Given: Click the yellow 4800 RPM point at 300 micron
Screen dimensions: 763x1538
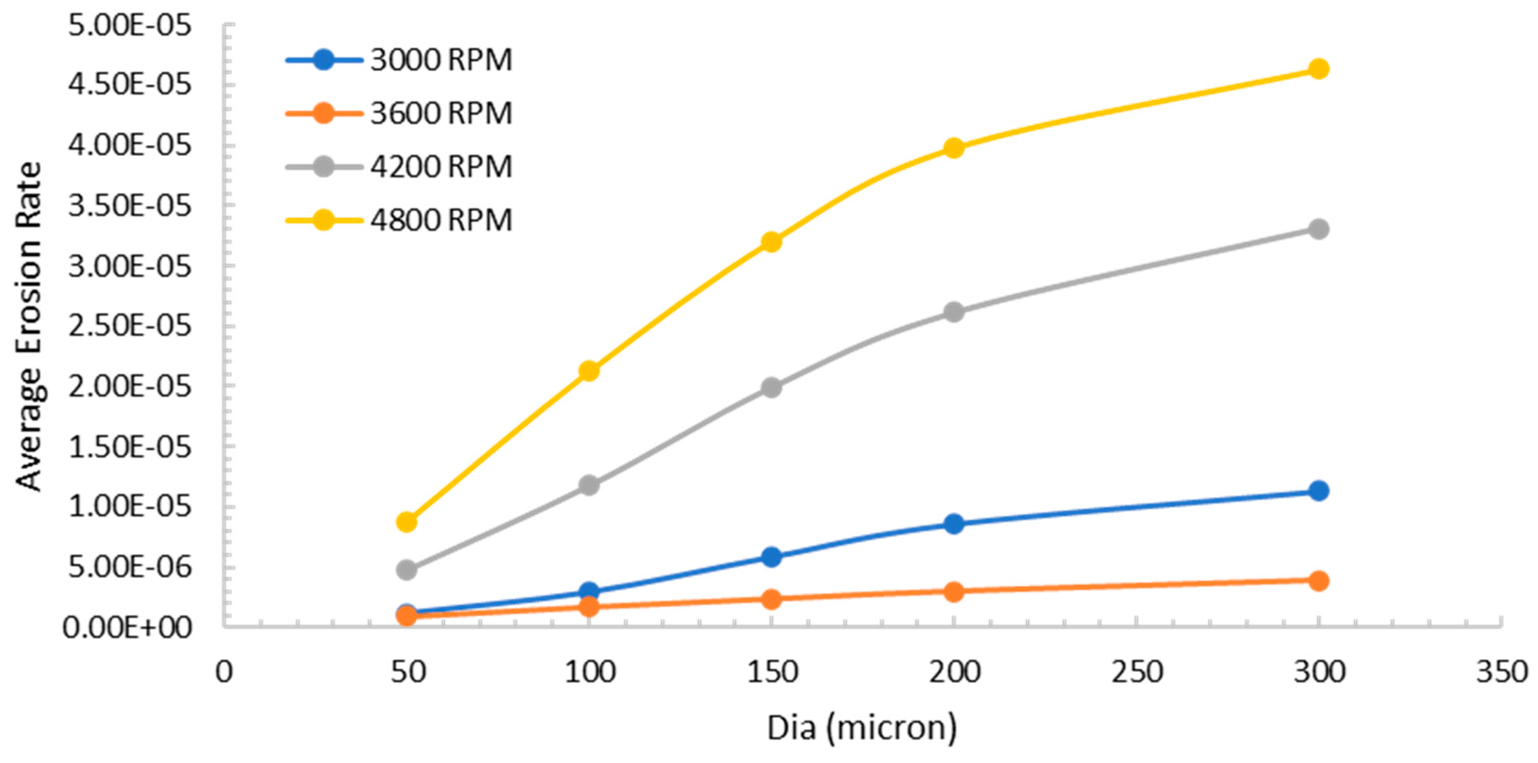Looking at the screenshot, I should pos(1318,69).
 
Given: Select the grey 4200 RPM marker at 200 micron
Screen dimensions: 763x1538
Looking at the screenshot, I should pos(954,311).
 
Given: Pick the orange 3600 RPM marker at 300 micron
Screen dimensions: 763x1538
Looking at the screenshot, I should pos(1318,580).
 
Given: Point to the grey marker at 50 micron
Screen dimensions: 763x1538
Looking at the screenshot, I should pos(407,569).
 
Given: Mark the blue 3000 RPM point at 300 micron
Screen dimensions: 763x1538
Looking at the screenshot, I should pos(1318,490).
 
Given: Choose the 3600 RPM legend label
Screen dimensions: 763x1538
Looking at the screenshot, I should pos(441,113).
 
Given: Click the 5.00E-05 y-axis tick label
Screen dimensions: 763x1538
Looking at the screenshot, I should pos(130,26).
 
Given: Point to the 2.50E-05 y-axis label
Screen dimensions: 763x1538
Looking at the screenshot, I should pos(130,326).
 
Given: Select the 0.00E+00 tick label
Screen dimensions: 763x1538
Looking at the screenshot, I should pos(127,627).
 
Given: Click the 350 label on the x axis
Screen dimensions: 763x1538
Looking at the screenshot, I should pos(1501,672).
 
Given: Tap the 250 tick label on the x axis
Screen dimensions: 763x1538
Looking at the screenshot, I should pos(1136,672).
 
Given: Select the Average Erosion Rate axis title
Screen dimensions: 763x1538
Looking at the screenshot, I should pos(29,326).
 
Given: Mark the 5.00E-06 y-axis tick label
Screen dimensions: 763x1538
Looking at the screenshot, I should pos(130,567).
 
